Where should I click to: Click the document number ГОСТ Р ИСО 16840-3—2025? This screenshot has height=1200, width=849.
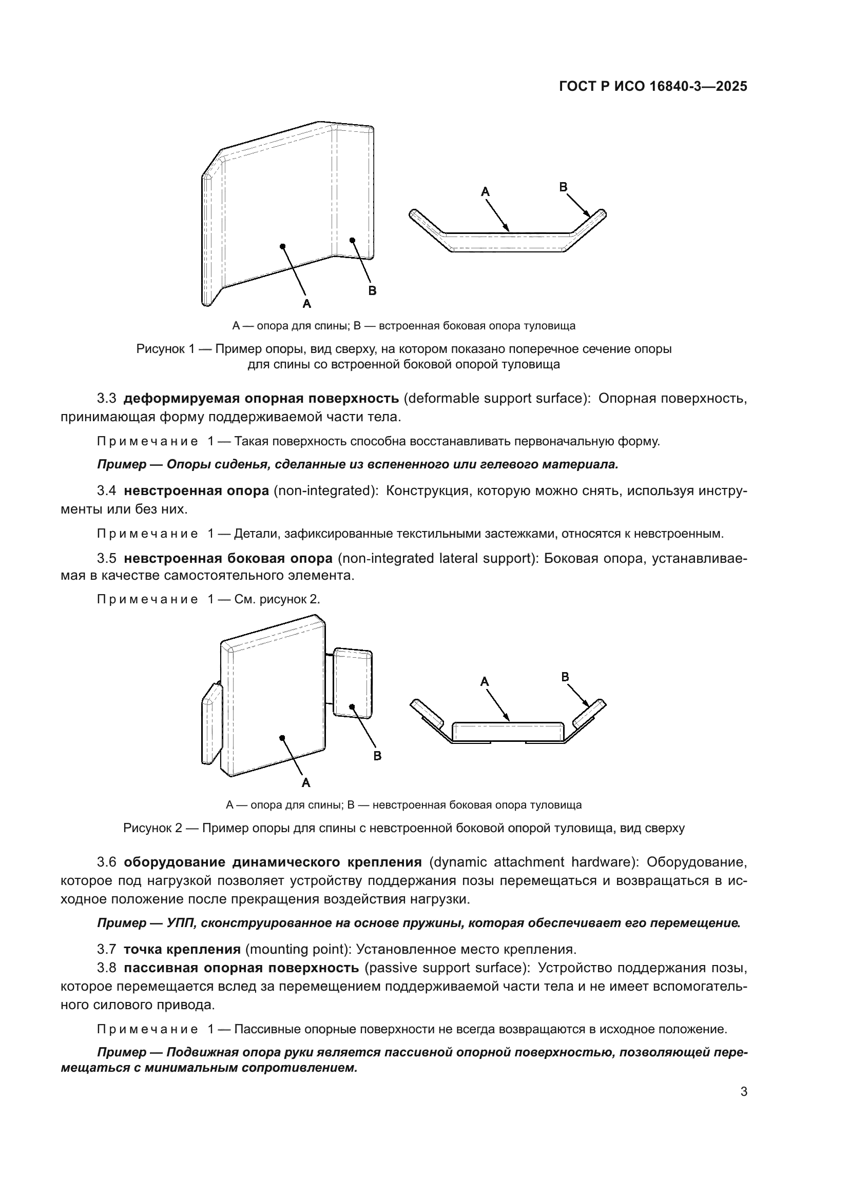(x=653, y=87)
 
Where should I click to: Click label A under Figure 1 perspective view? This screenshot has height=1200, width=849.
(x=307, y=303)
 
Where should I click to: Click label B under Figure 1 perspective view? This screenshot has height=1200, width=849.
(x=372, y=290)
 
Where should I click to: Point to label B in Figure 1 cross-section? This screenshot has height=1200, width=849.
(x=563, y=187)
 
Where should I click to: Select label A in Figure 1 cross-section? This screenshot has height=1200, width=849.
(x=485, y=192)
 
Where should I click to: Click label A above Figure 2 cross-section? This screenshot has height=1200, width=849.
(x=485, y=681)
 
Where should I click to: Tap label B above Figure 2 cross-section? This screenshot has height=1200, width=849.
(x=565, y=677)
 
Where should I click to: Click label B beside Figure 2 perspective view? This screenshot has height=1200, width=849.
(x=377, y=756)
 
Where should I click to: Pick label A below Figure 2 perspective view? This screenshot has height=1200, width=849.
(x=306, y=782)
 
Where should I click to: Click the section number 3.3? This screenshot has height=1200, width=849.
(x=106, y=399)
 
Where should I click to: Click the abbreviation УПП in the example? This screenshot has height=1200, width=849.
(x=180, y=923)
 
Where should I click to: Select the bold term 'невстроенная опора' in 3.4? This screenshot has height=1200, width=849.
(x=196, y=491)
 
